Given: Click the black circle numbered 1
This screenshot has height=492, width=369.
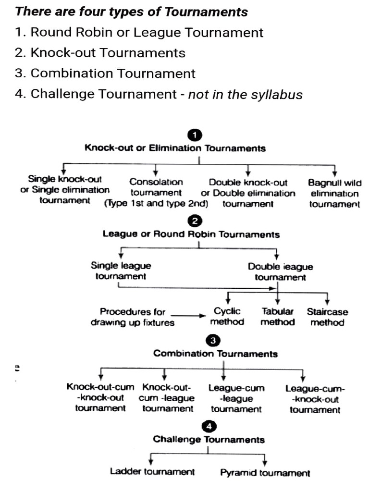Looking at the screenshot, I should (x=194, y=136).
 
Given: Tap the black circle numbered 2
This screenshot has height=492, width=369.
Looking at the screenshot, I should (x=194, y=221).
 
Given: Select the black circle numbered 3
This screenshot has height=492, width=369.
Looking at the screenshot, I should (x=212, y=341).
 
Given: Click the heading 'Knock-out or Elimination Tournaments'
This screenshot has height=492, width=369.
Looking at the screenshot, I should (x=175, y=148).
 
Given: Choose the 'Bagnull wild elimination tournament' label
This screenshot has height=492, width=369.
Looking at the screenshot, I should (x=334, y=194).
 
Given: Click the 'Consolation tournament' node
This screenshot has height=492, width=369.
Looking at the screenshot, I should (x=156, y=193).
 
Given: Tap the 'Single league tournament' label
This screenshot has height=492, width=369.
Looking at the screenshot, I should (x=121, y=271).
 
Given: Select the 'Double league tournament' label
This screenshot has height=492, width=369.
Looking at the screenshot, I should (x=280, y=272).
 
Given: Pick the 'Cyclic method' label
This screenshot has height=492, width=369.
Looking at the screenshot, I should (x=227, y=317).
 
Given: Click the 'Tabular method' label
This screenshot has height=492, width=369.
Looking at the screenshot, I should (x=277, y=317).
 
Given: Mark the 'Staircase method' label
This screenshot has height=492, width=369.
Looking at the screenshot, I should (x=327, y=317).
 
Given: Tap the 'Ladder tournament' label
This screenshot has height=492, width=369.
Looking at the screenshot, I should (x=152, y=471).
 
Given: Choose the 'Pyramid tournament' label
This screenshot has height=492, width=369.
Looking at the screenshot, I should (x=265, y=473).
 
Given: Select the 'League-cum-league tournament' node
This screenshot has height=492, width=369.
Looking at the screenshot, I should (x=236, y=399).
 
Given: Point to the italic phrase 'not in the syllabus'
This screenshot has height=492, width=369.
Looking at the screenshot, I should (x=245, y=94).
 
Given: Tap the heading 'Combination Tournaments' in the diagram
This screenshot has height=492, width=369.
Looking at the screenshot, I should (x=215, y=354).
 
